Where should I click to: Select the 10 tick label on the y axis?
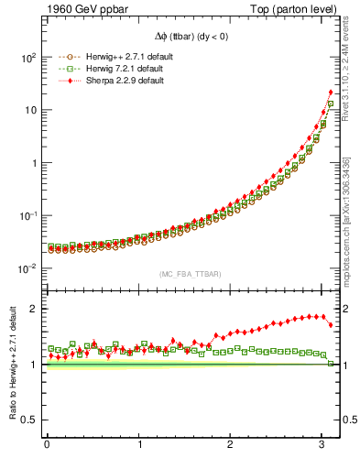point(29,110)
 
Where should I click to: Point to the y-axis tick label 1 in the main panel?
point(33,163)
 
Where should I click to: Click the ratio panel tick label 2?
point(34,309)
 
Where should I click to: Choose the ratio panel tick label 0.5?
point(29,420)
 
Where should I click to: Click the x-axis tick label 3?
point(322,444)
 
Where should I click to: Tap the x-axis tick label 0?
point(47,444)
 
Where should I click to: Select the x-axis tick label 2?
point(230,444)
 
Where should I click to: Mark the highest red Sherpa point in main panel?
point(331,93)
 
